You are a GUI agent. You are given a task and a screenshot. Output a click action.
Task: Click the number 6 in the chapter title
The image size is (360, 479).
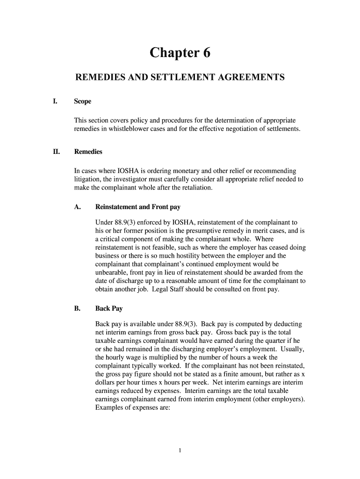(x=206, y=53)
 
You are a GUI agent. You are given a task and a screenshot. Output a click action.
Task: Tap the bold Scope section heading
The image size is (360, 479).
(x=83, y=102)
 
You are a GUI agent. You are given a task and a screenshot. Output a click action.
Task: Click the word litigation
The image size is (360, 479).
(x=87, y=179)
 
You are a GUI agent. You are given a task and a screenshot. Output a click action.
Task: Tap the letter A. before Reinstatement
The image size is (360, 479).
(x=78, y=207)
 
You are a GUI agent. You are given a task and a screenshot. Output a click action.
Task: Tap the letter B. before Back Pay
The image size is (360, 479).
(x=78, y=309)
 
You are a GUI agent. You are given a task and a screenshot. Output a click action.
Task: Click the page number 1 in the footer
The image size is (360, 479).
(x=180, y=450)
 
